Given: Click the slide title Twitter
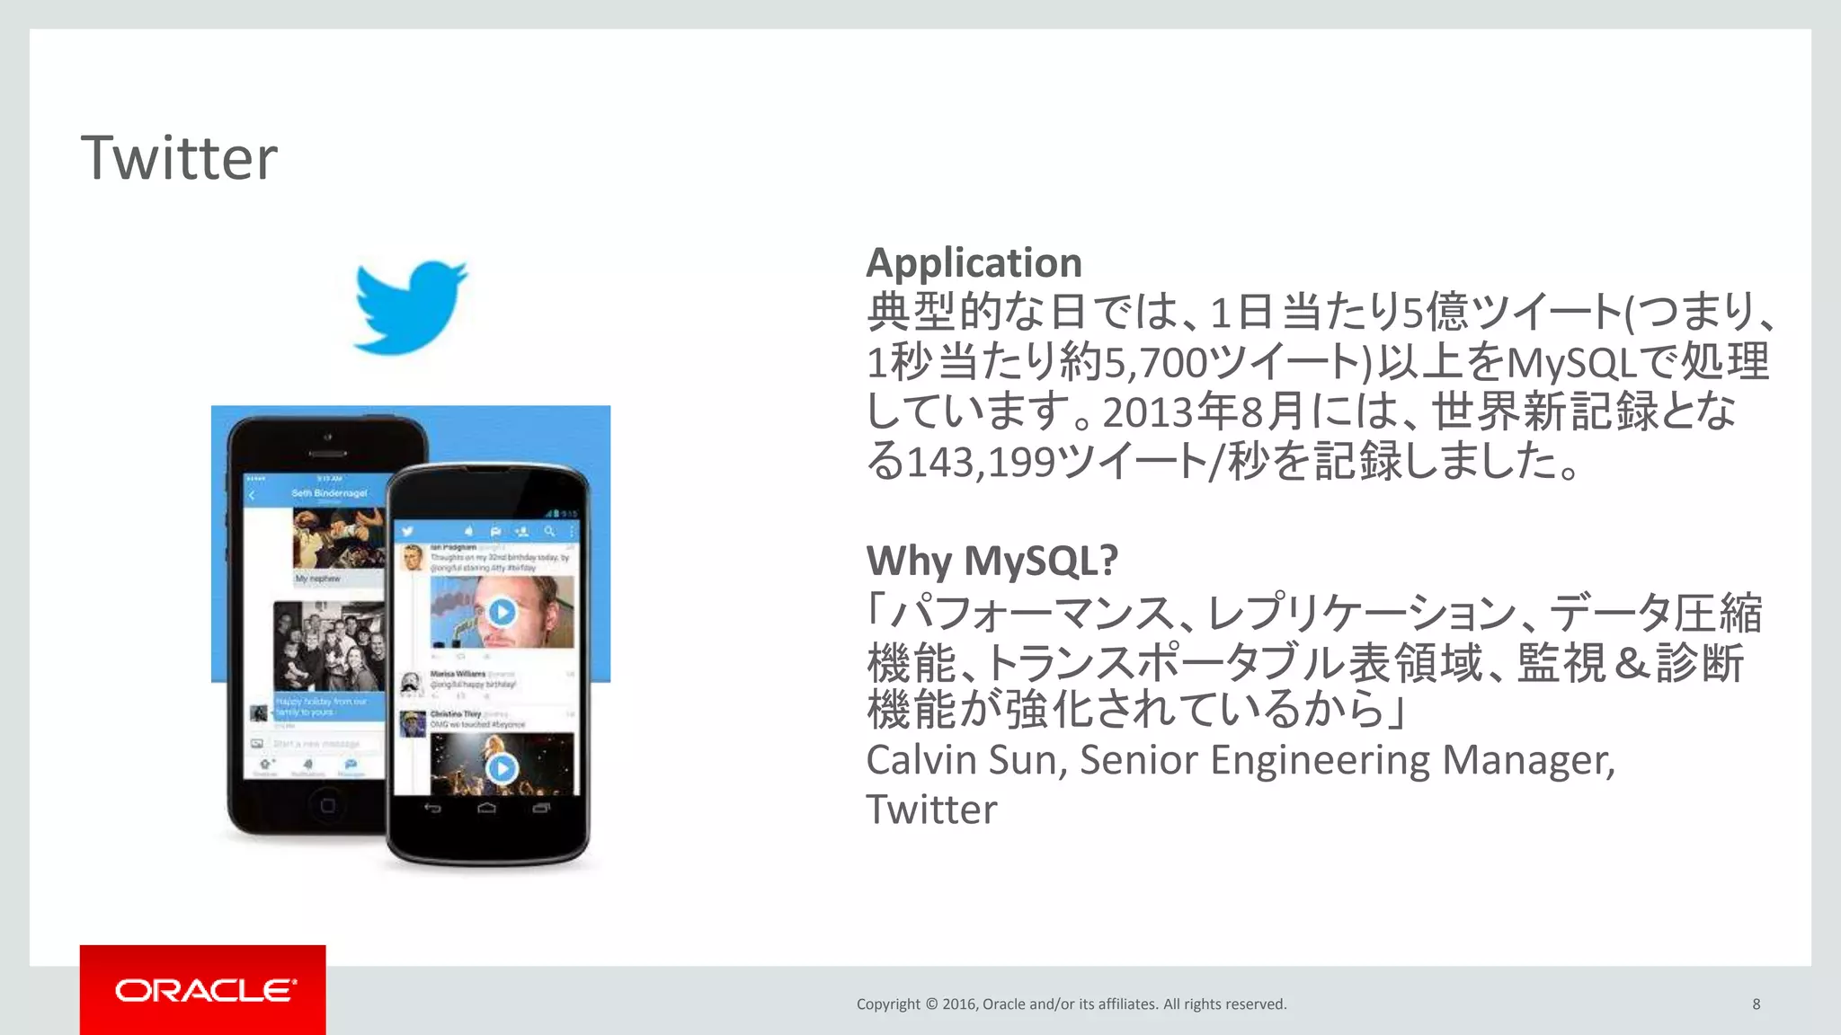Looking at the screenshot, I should tap(179, 158).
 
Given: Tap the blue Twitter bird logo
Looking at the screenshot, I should tap(410, 306).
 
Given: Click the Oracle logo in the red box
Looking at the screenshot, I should tap(204, 990).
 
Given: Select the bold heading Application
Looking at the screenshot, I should tap(974, 263).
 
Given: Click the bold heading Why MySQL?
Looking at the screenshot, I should tap(992, 561).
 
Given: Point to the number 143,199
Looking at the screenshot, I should tap(981, 463).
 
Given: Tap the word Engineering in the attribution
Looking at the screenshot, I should tap(1319, 760).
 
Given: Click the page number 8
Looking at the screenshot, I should tap(1756, 1004).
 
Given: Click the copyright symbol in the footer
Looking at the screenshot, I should tap(930, 1004).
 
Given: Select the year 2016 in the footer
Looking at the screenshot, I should tap(959, 1004).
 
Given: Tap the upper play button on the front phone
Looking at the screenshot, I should tap(502, 612).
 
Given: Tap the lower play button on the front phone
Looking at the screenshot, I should tap(502, 768).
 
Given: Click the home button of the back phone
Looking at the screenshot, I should tap(327, 806).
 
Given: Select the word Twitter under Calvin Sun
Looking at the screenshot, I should tap(931, 810).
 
